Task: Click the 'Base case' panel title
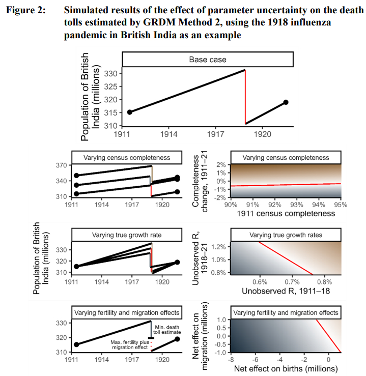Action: point(208,60)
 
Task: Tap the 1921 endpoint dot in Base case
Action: point(286,102)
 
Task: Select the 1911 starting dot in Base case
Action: point(130,112)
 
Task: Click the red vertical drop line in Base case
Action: point(245,97)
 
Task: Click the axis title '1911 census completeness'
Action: point(285,214)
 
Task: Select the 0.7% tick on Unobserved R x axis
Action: point(292,280)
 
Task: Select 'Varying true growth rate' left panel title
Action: point(126,235)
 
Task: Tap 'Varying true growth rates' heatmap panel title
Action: point(285,235)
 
